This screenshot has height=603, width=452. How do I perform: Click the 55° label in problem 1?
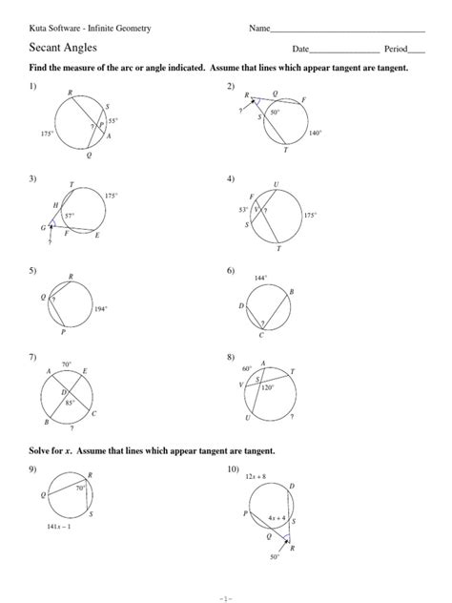click(x=113, y=121)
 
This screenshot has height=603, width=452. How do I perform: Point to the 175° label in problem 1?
click(x=47, y=135)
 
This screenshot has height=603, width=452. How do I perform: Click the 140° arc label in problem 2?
click(x=315, y=135)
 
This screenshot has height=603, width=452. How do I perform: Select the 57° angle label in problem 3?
click(x=70, y=217)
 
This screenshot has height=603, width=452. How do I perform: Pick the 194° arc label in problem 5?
click(x=100, y=309)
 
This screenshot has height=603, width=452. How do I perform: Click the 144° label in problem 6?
click(x=259, y=278)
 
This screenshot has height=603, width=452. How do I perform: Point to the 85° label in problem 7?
click(x=70, y=403)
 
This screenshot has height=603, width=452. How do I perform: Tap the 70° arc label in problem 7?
click(x=67, y=364)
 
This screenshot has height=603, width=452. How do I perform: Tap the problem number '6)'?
click(x=231, y=270)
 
